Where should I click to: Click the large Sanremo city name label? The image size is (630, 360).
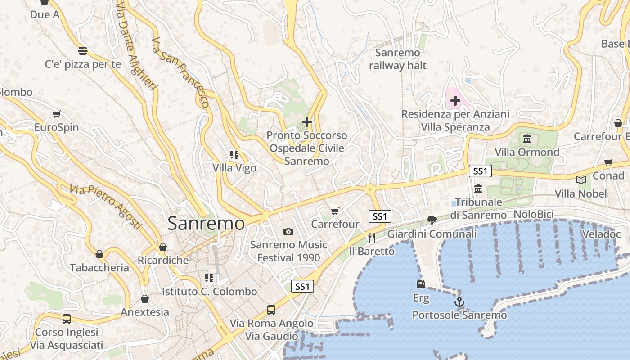coord(206,224)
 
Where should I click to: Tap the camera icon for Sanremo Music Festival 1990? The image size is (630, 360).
coord(288,232)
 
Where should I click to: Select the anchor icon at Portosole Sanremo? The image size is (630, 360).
coord(459,302)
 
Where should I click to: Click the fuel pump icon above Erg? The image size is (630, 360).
coord(421,284)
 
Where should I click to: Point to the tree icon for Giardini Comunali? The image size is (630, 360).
coord(432,220)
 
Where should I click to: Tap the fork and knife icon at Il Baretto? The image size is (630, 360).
coord(371,238)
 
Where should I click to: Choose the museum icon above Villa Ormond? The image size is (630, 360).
coord(527,138)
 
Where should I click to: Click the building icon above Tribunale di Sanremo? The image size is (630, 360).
coord(478,188)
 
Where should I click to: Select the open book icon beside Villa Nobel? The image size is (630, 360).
coord(581,180)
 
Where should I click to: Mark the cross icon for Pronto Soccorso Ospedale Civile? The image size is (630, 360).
coord(307,121)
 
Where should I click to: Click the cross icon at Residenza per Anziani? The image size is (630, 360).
coord(455,101)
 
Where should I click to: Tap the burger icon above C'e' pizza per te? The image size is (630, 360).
coord(82,50)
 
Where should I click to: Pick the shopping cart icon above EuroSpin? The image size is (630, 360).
coord(56,114)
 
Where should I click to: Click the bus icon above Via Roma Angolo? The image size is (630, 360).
coord(271,310)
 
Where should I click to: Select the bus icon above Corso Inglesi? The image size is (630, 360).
coord(67,319)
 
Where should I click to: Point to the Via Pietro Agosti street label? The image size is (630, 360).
coord(105,206)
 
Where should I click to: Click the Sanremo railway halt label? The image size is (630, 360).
coord(398,59)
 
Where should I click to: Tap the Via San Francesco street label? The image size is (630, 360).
coord(180,72)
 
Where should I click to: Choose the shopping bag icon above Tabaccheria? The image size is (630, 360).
coord(99,254)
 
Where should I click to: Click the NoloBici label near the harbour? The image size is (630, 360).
coord(533,214)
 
